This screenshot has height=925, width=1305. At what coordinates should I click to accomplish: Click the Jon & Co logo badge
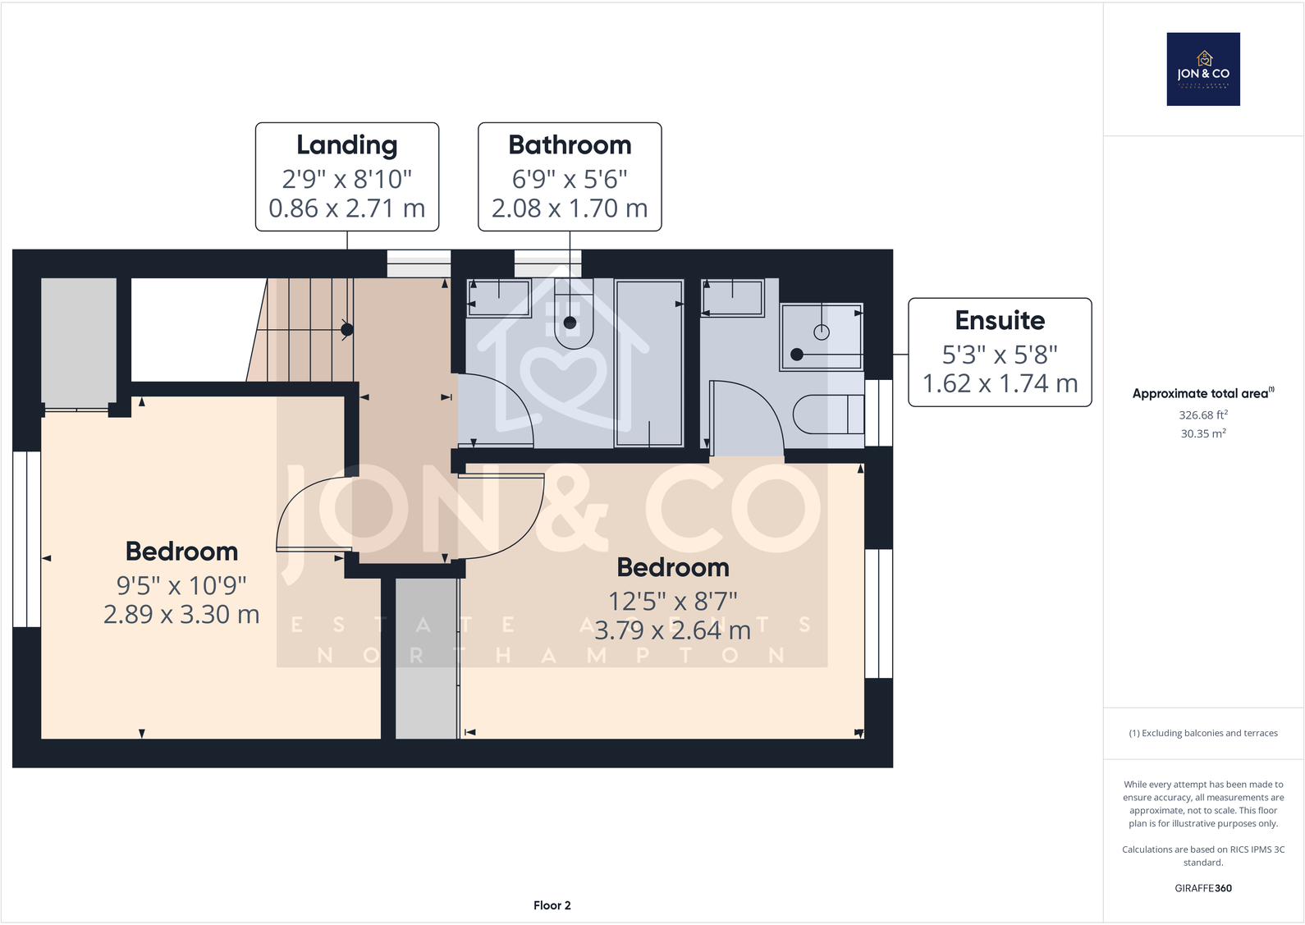pos(1202,69)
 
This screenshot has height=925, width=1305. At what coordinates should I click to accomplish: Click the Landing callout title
pos(346,145)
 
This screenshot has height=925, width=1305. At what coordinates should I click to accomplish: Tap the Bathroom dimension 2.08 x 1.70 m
pos(570,208)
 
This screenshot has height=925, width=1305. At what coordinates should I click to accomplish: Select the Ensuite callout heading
pos(999,320)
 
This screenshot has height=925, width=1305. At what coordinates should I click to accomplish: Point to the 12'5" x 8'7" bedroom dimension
pos(672,602)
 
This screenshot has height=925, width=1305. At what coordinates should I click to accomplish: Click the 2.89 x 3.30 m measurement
pos(181,615)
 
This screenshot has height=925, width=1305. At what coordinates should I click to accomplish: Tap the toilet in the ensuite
pos(827,414)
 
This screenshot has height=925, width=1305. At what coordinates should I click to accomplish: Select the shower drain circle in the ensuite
pos(822,332)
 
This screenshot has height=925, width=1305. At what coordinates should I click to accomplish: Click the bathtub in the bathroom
pos(649,364)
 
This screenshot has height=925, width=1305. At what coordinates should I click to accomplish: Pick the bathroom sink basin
pos(500,297)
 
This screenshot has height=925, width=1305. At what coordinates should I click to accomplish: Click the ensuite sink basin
pos(733,297)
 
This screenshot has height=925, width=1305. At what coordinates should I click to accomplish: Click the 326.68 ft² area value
pos(1202,415)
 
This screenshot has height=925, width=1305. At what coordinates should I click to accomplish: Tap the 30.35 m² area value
pos(1202,434)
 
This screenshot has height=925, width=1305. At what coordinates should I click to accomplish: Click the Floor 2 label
pos(552,905)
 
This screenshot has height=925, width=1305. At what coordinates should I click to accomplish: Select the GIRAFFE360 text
pos(1202,888)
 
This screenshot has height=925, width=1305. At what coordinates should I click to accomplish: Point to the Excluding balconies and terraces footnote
pos(1202,733)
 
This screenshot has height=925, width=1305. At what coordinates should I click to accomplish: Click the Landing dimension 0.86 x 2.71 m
pos(346,208)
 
